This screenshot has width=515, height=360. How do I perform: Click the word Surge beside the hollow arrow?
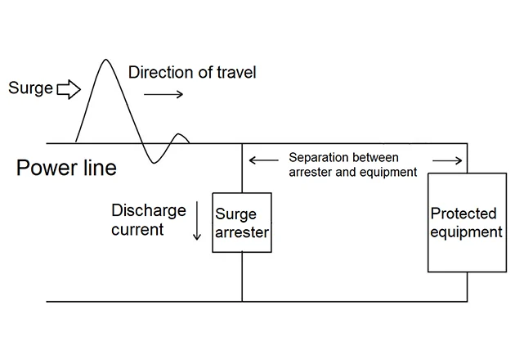31,88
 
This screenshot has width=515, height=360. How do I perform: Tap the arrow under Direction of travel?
163,95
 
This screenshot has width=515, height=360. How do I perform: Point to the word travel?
235,73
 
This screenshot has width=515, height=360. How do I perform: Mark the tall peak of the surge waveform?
105,61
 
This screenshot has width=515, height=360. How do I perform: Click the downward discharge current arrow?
196,221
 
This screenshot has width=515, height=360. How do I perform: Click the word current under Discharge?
137,230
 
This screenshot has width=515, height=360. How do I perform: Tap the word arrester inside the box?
242,232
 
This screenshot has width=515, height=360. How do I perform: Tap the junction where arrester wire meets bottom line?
242,300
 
